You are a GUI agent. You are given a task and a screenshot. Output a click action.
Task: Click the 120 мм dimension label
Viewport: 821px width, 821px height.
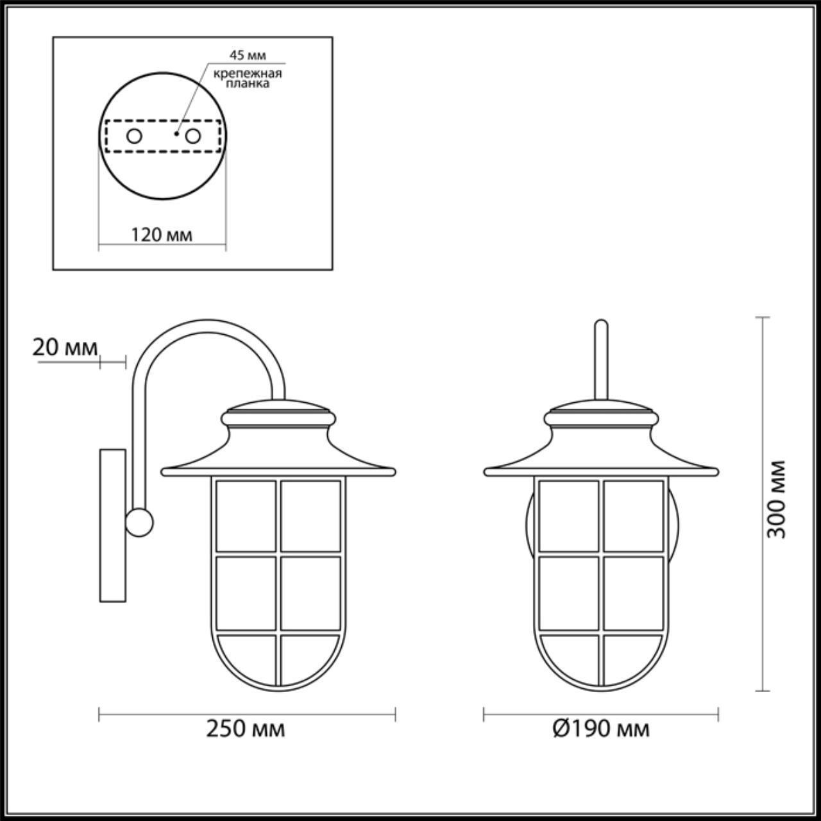(162, 235)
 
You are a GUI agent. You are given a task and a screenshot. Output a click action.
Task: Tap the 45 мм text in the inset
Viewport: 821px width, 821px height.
(248, 55)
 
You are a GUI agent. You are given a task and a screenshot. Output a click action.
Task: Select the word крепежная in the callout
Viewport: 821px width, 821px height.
(248, 73)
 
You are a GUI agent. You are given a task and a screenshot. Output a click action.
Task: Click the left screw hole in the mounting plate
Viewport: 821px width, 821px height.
(134, 136)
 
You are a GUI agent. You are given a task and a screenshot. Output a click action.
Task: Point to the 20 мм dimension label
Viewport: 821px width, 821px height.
(65, 348)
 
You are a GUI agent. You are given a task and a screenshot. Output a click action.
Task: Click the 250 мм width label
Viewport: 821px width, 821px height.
(246, 729)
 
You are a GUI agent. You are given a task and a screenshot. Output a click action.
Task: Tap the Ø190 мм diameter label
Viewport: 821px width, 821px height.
(600, 729)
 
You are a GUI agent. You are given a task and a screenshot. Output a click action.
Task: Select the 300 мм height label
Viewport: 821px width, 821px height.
(777, 499)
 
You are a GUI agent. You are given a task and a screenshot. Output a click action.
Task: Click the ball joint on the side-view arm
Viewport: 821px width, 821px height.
(139, 523)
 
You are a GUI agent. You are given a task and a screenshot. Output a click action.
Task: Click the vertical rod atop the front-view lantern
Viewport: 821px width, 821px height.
(600, 362)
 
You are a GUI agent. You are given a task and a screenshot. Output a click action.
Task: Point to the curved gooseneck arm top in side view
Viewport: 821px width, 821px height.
(208, 328)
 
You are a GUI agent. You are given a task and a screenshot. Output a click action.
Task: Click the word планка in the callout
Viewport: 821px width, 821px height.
(248, 84)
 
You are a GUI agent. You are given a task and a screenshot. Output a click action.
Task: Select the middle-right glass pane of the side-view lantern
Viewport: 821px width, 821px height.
(311, 593)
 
